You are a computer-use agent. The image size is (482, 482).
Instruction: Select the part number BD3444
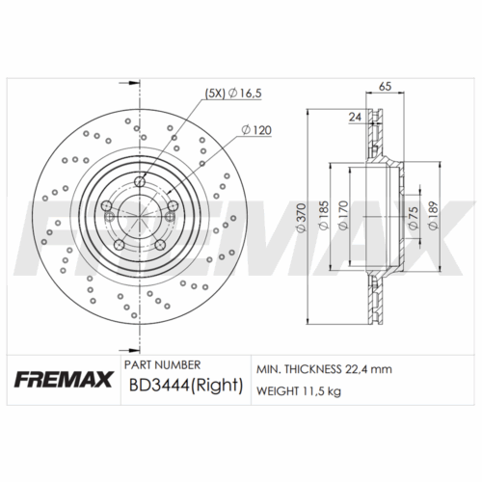point(158,388)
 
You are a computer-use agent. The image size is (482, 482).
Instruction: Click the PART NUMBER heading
point(164,366)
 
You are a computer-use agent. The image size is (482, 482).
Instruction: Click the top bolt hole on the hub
point(142,181)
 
